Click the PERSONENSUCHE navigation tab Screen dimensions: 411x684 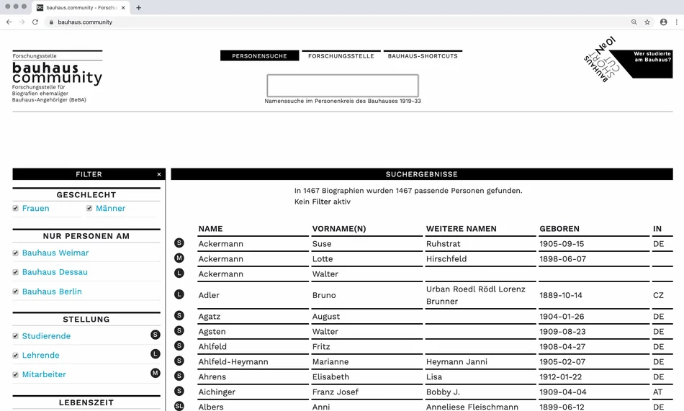tap(259, 56)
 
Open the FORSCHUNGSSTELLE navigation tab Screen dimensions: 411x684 tap(341, 56)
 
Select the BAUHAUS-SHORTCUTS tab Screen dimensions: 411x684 tap(423, 56)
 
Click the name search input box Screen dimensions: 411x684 tap(343, 86)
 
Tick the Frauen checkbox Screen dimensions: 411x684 tap(16, 209)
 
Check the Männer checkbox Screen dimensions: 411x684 tap(89, 209)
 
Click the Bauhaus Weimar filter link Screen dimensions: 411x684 tap(55, 253)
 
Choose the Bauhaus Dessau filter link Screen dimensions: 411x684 tap(55, 272)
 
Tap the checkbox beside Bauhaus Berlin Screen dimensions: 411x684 tap(16, 292)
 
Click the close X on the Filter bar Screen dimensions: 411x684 tap(159, 174)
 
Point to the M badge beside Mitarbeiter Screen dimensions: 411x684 tap(155, 373)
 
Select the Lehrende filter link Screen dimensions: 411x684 tap(40, 356)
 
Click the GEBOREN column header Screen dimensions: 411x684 tap(559, 229)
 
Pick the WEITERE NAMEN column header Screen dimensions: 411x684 tap(461, 229)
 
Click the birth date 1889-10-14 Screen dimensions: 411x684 tap(561, 295)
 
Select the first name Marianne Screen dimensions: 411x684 tap(330, 362)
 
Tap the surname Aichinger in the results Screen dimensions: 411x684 tap(217, 392)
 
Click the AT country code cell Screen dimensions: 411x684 tap(658, 392)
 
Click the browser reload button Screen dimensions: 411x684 tap(35, 22)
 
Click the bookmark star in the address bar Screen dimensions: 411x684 tap(647, 22)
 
